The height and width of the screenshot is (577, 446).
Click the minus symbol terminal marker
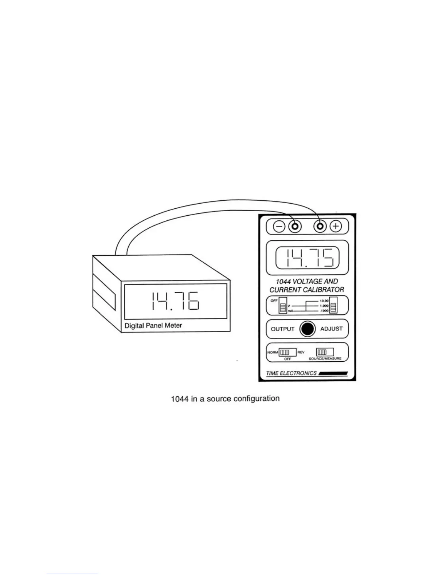pyautogui.click(x=279, y=227)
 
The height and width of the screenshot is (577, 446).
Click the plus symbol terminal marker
pyautogui.click(x=336, y=227)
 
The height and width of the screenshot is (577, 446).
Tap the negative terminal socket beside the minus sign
pyautogui.click(x=295, y=227)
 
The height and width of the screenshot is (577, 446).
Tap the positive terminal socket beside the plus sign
pyautogui.click(x=321, y=227)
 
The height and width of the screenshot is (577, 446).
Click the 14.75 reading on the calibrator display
pyautogui.click(x=308, y=258)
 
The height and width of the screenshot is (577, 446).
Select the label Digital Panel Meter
pyautogui.click(x=153, y=325)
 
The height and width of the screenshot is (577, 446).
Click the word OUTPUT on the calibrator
pyautogui.click(x=282, y=329)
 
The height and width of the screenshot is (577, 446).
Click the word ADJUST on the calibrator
pyautogui.click(x=331, y=329)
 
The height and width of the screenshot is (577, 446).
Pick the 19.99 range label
pyautogui.click(x=324, y=301)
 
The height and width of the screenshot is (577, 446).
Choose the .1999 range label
pyautogui.click(x=324, y=311)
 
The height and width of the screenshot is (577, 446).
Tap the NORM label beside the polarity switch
pyautogui.click(x=273, y=352)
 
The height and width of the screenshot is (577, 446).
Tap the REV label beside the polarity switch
pyautogui.click(x=301, y=352)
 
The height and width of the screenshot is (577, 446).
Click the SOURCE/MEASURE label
pyautogui.click(x=325, y=359)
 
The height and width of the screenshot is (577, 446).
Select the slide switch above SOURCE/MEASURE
pyautogui.click(x=324, y=352)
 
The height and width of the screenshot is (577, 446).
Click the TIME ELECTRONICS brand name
pyautogui.click(x=292, y=373)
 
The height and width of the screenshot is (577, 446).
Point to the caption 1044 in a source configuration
pyautogui.click(x=225, y=399)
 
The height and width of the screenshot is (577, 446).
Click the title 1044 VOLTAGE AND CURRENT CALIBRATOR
pyautogui.click(x=307, y=286)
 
